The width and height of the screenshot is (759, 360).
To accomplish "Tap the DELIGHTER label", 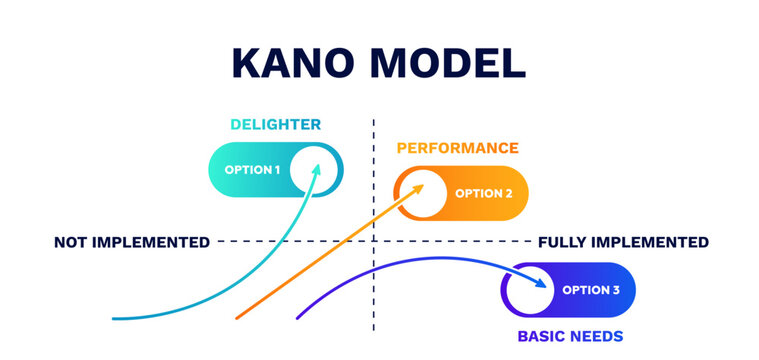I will (275, 125).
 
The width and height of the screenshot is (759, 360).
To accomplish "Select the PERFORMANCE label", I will (457, 148).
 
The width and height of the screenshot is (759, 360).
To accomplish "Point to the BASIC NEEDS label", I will (570, 336).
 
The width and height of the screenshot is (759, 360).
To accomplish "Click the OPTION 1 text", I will (252, 170).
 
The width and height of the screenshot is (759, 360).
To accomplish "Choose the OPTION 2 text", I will (484, 193).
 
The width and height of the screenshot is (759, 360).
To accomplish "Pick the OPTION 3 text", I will (591, 290).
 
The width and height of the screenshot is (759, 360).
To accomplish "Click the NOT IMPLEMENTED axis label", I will (131, 242).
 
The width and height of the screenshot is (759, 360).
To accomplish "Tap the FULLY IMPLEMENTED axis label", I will (623, 242).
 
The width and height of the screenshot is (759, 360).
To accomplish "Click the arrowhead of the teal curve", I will (317, 169).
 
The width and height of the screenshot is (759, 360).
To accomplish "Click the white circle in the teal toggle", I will (314, 169).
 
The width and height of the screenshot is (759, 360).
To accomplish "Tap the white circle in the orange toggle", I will (422, 193).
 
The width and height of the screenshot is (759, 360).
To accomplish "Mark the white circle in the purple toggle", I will (529, 290).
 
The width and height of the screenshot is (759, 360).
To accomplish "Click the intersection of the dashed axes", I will (373, 241).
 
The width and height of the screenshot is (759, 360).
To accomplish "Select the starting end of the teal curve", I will (113, 319).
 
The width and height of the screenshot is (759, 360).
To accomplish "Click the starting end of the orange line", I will (237, 318).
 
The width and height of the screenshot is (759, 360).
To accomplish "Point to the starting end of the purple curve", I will (298, 318).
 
